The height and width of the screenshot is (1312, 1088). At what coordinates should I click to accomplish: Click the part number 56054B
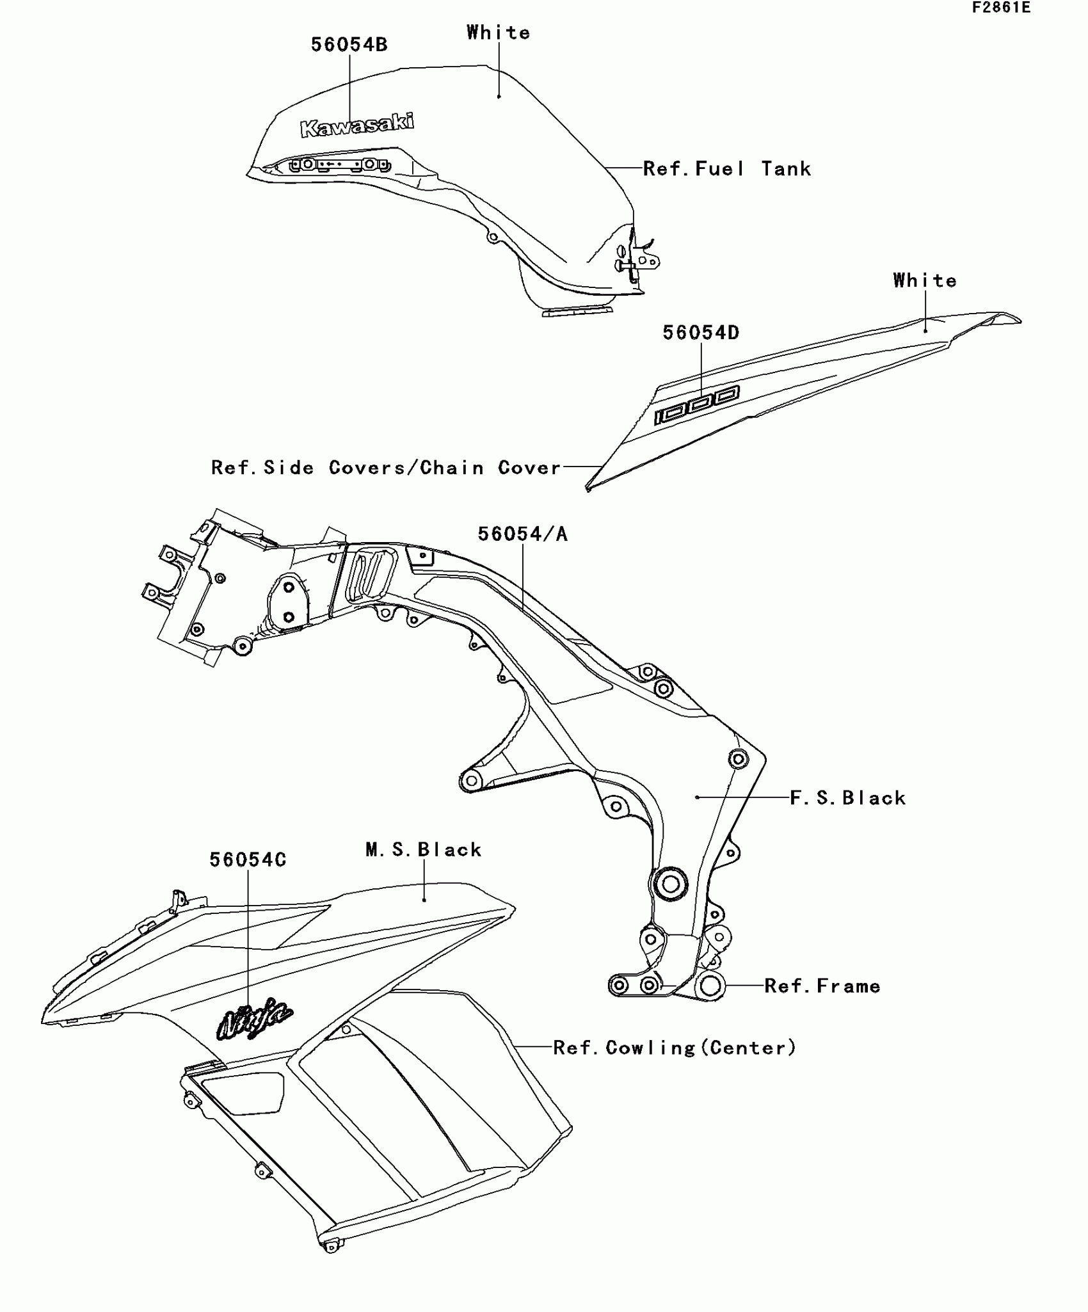click(x=349, y=45)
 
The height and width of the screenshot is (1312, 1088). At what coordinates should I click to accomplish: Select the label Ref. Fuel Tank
click(x=727, y=169)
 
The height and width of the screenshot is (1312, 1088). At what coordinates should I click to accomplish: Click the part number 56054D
click(x=701, y=333)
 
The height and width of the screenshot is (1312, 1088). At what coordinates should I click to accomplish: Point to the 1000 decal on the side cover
click(x=696, y=405)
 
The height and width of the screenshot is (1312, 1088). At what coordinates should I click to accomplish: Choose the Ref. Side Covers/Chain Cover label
click(x=386, y=468)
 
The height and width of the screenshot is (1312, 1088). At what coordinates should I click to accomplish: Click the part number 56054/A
click(x=523, y=534)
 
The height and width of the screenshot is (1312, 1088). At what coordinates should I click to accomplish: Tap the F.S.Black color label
click(x=848, y=797)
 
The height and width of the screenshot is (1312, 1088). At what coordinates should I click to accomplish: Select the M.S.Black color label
click(x=424, y=849)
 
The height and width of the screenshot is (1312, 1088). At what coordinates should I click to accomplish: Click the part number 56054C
click(x=248, y=860)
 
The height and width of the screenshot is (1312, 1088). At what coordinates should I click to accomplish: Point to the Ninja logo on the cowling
click(x=254, y=1018)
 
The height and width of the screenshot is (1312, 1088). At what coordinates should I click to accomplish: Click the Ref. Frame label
click(x=822, y=986)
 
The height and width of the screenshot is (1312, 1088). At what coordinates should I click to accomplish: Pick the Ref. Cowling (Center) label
click(x=675, y=1048)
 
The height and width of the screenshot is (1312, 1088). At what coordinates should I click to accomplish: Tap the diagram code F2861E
click(x=1001, y=8)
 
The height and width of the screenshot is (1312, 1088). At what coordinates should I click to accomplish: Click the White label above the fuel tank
click(x=499, y=33)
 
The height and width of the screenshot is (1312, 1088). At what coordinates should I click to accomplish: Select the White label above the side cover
click(x=925, y=280)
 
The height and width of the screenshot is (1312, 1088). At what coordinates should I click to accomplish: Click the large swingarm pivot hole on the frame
click(x=669, y=885)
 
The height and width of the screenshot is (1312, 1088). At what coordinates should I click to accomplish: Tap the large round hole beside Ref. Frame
click(x=710, y=986)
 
